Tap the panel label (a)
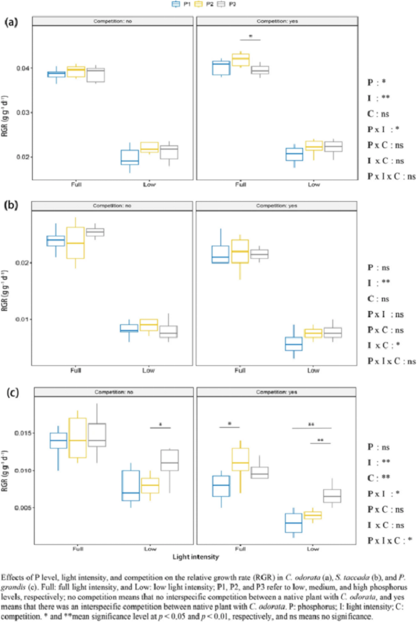click(11, 22)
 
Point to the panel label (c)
click(11, 390)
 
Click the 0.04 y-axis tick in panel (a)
click(23, 68)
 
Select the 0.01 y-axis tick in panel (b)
click(23, 319)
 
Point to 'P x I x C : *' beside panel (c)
click(392, 541)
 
